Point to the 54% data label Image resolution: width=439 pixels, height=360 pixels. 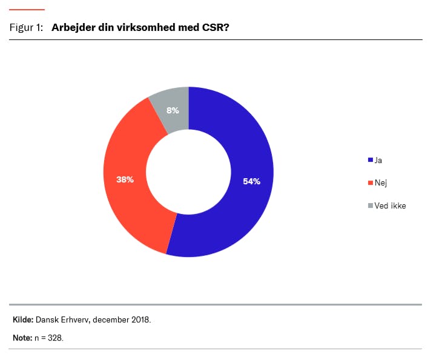251,181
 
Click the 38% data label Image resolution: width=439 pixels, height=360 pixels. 125,179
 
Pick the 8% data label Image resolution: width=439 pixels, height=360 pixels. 173,111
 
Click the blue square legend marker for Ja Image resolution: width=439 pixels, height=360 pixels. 370,160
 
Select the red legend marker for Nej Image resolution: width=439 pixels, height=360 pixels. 370,182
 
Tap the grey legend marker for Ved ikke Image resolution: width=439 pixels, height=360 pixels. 370,205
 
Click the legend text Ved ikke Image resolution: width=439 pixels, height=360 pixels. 390,205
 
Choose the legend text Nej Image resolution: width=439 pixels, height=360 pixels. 381,182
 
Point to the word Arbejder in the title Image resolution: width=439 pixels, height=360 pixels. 72,28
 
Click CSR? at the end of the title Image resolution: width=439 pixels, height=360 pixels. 216,28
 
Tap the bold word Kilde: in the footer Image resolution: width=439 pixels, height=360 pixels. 23,319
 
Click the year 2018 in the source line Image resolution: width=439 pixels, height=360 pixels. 140,319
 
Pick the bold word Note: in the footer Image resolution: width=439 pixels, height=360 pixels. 22,338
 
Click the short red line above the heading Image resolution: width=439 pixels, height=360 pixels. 27,10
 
